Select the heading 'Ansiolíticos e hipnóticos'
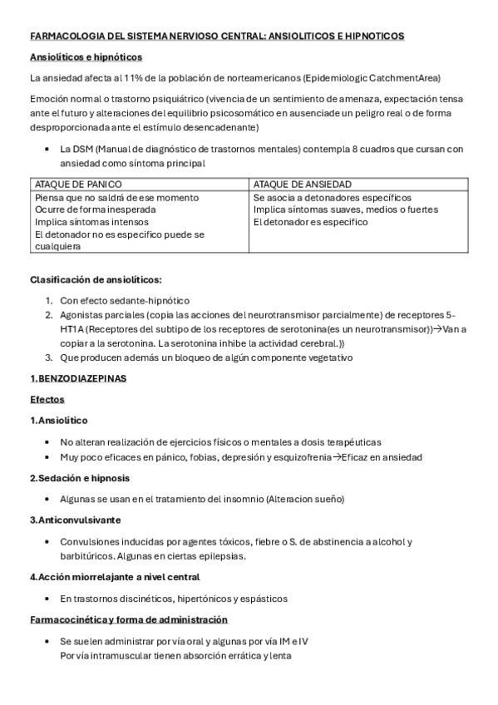[86, 57]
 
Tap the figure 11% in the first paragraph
[134, 78]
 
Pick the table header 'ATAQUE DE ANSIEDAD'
[302, 184]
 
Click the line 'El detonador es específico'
[310, 222]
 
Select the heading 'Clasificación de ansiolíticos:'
[96, 279]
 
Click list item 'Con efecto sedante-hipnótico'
[125, 299]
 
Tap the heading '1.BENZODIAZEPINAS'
[77, 378]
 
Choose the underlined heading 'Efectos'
[47, 399]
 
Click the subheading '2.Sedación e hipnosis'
[79, 478]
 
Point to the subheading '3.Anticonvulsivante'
[75, 520]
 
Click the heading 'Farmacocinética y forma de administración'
[129, 619]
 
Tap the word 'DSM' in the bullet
[83, 149]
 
